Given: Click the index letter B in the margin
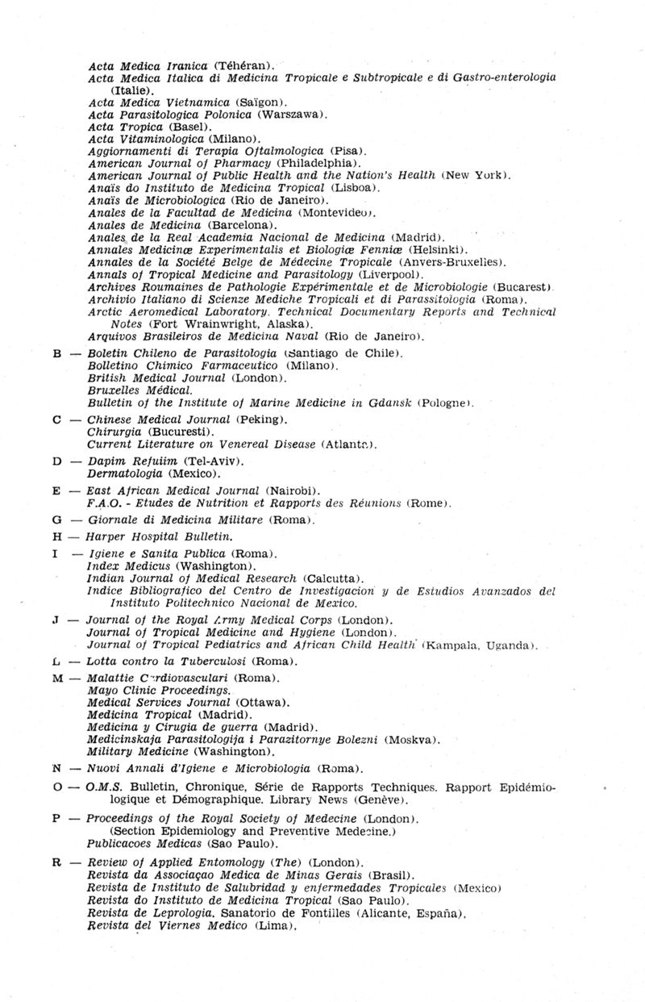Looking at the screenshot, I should [56, 353].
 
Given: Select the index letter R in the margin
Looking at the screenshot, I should [56, 862].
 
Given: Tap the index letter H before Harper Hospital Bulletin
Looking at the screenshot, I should [56, 536].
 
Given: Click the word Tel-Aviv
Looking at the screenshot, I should [211, 461].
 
